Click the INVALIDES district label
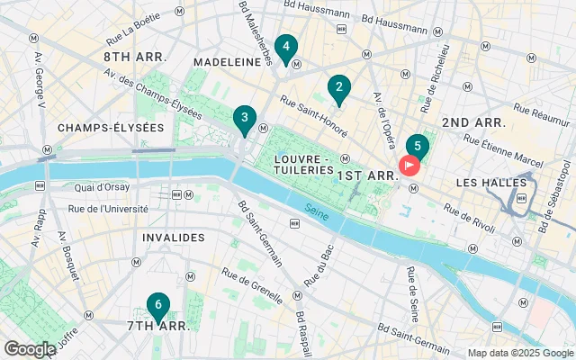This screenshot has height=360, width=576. tap(173, 238)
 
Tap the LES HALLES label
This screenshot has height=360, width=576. tap(491, 183)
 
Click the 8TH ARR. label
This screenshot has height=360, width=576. tap(134, 57)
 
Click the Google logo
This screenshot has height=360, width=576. tap(30, 349)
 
